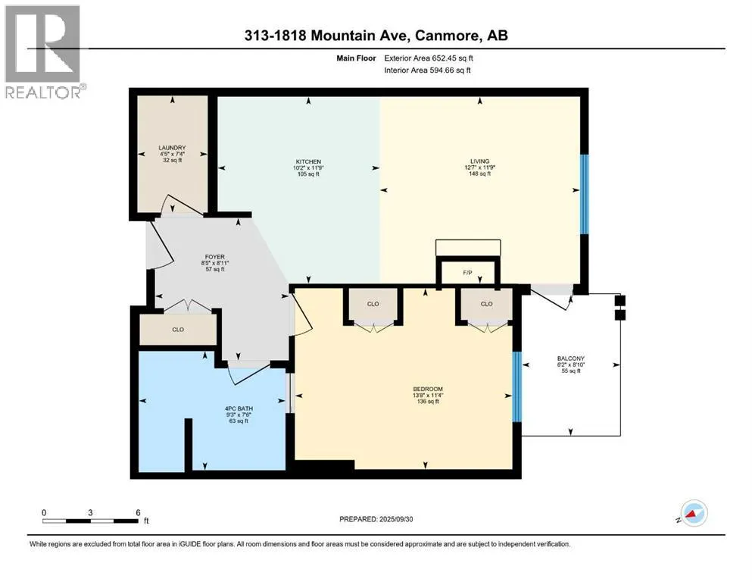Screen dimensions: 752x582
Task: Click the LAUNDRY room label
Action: [172, 148]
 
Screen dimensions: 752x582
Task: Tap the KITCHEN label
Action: [308, 161]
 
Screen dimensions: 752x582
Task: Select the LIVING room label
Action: [479, 161]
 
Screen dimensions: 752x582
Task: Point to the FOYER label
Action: [215, 257]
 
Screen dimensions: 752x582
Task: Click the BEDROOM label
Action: [428, 389]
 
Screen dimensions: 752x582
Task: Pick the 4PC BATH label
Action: [239, 408]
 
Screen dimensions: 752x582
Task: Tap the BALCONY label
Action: [571, 358]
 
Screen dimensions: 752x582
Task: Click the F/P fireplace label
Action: [467, 273]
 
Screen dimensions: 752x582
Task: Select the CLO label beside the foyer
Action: [178, 330]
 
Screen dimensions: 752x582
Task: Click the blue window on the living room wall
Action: [584, 194]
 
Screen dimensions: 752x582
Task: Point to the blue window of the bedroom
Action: [517, 386]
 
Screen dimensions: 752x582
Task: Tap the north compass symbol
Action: [691, 513]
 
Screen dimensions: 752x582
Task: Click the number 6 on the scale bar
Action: [138, 512]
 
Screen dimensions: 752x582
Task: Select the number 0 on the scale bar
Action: [44, 512]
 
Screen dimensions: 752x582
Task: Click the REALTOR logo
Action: [45, 52]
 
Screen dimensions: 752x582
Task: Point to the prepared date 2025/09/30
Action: [395, 519]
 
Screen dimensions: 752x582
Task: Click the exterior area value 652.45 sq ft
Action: [453, 58]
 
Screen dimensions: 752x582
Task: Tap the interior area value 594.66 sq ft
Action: [450, 70]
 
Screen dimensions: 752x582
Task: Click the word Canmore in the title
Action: [448, 36]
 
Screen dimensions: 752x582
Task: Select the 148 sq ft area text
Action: [479, 174]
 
